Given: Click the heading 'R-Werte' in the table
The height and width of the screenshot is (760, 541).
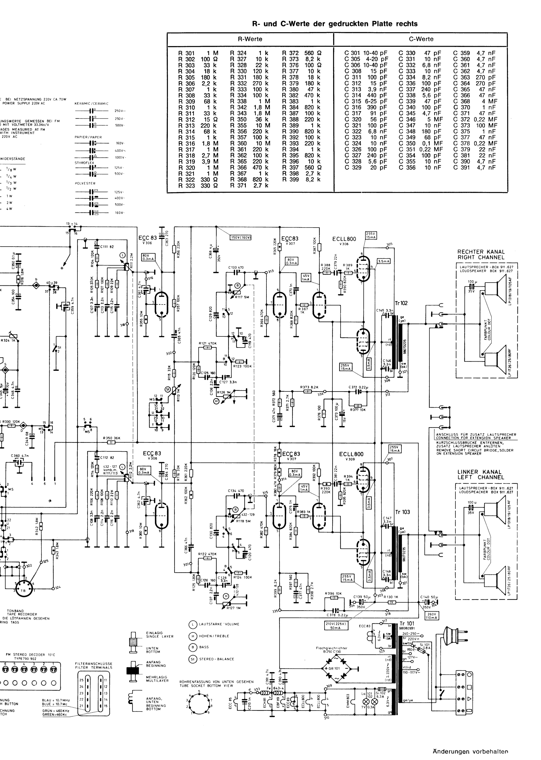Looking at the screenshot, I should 250,39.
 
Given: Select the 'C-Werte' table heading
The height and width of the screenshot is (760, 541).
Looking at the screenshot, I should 421,39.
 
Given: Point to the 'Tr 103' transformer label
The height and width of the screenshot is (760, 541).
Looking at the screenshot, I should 402,512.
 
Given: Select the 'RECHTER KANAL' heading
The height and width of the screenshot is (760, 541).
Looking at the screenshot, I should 481,252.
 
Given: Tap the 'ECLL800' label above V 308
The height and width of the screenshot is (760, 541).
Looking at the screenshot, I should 344,239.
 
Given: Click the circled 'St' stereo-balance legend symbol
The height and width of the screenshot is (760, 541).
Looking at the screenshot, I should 193,659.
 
